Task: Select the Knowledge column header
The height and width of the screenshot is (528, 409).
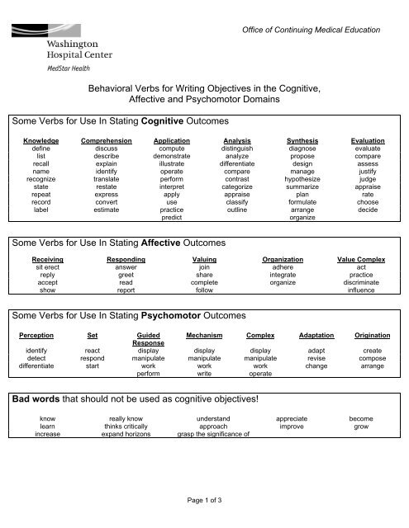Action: (x=40, y=142)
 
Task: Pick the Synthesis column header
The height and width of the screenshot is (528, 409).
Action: (x=302, y=142)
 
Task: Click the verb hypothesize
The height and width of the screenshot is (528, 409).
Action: (x=302, y=178)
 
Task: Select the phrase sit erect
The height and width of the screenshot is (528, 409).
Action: (x=40, y=269)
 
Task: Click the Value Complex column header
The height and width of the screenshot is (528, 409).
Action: (x=361, y=260)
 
